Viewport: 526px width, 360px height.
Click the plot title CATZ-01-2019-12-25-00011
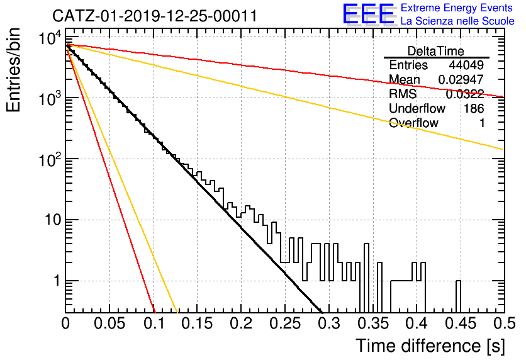(155, 16)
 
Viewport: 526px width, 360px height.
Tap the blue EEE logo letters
(368, 14)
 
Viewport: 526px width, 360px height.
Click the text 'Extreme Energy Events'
(457, 8)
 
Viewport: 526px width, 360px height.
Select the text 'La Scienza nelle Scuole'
(457, 21)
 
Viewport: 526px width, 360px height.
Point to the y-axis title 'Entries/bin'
(13, 70)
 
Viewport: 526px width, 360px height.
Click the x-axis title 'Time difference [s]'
(430, 346)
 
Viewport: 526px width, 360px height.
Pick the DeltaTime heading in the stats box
(436, 51)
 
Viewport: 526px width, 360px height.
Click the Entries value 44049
(466, 65)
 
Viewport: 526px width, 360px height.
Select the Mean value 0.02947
(461, 79)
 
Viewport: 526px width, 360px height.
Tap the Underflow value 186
(474, 108)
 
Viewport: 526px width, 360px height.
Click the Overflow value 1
(482, 123)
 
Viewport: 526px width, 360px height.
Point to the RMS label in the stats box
(403, 94)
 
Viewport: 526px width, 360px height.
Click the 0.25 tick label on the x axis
(285, 323)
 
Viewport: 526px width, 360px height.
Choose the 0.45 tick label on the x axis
(461, 323)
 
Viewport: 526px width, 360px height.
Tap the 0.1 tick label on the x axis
(154, 323)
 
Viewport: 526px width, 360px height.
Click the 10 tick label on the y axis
(53, 220)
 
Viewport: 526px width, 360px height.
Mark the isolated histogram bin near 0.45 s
(458, 296)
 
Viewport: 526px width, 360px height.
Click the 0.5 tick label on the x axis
(505, 323)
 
